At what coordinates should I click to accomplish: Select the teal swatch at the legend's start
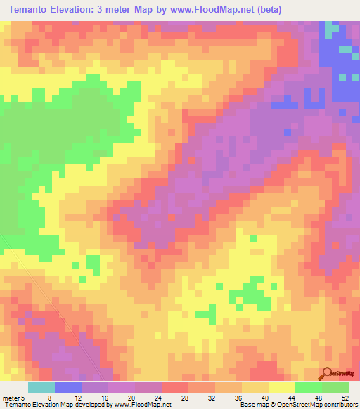41,387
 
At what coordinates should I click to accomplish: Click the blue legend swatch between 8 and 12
67,387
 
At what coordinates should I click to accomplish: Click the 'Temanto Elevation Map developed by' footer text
53,404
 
